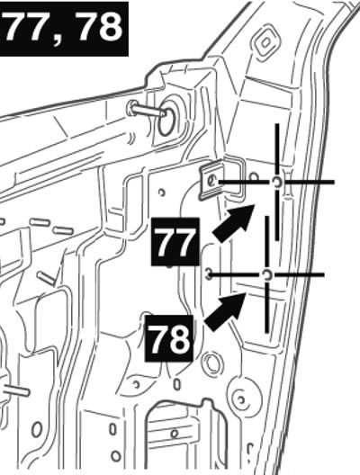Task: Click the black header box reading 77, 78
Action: (64, 29)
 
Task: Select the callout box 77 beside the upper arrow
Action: (175, 241)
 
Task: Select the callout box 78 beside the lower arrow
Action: (169, 338)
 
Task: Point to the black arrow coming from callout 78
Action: (225, 311)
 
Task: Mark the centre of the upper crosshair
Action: (277, 182)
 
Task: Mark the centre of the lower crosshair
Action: (266, 274)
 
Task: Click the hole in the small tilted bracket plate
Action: (212, 182)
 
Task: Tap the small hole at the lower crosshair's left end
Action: (208, 274)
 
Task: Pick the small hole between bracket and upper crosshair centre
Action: (254, 176)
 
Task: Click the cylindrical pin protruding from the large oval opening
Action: (148, 111)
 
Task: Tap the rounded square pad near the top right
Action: (265, 43)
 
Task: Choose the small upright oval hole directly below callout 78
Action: (176, 384)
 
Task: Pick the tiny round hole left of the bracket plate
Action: (162, 192)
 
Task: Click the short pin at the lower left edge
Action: (17, 390)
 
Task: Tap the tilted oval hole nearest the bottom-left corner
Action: (37, 429)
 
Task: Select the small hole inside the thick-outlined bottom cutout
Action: (175, 434)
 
